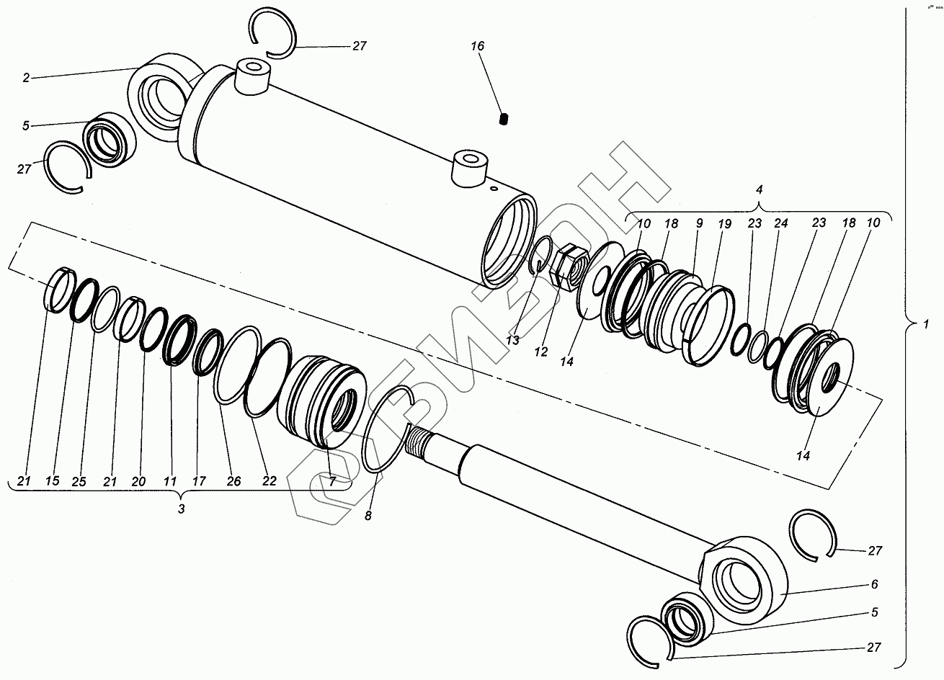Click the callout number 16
pyautogui.click(x=478, y=46)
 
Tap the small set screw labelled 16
pyautogui.click(x=504, y=120)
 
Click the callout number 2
pyautogui.click(x=26, y=77)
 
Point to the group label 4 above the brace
pyautogui.click(x=757, y=189)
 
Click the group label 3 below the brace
pyautogui.click(x=182, y=509)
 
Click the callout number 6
pyautogui.click(x=874, y=584)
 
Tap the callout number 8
pyautogui.click(x=368, y=516)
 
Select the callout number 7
pyautogui.click(x=332, y=482)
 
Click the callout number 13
pyautogui.click(x=512, y=340)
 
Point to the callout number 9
pyautogui.click(x=698, y=224)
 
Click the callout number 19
pyautogui.click(x=725, y=224)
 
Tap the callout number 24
pyautogui.click(x=780, y=224)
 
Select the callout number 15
pyautogui.click(x=52, y=481)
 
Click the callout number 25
pyautogui.click(x=80, y=481)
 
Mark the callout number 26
pyautogui.click(x=233, y=481)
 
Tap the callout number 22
pyautogui.click(x=269, y=481)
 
